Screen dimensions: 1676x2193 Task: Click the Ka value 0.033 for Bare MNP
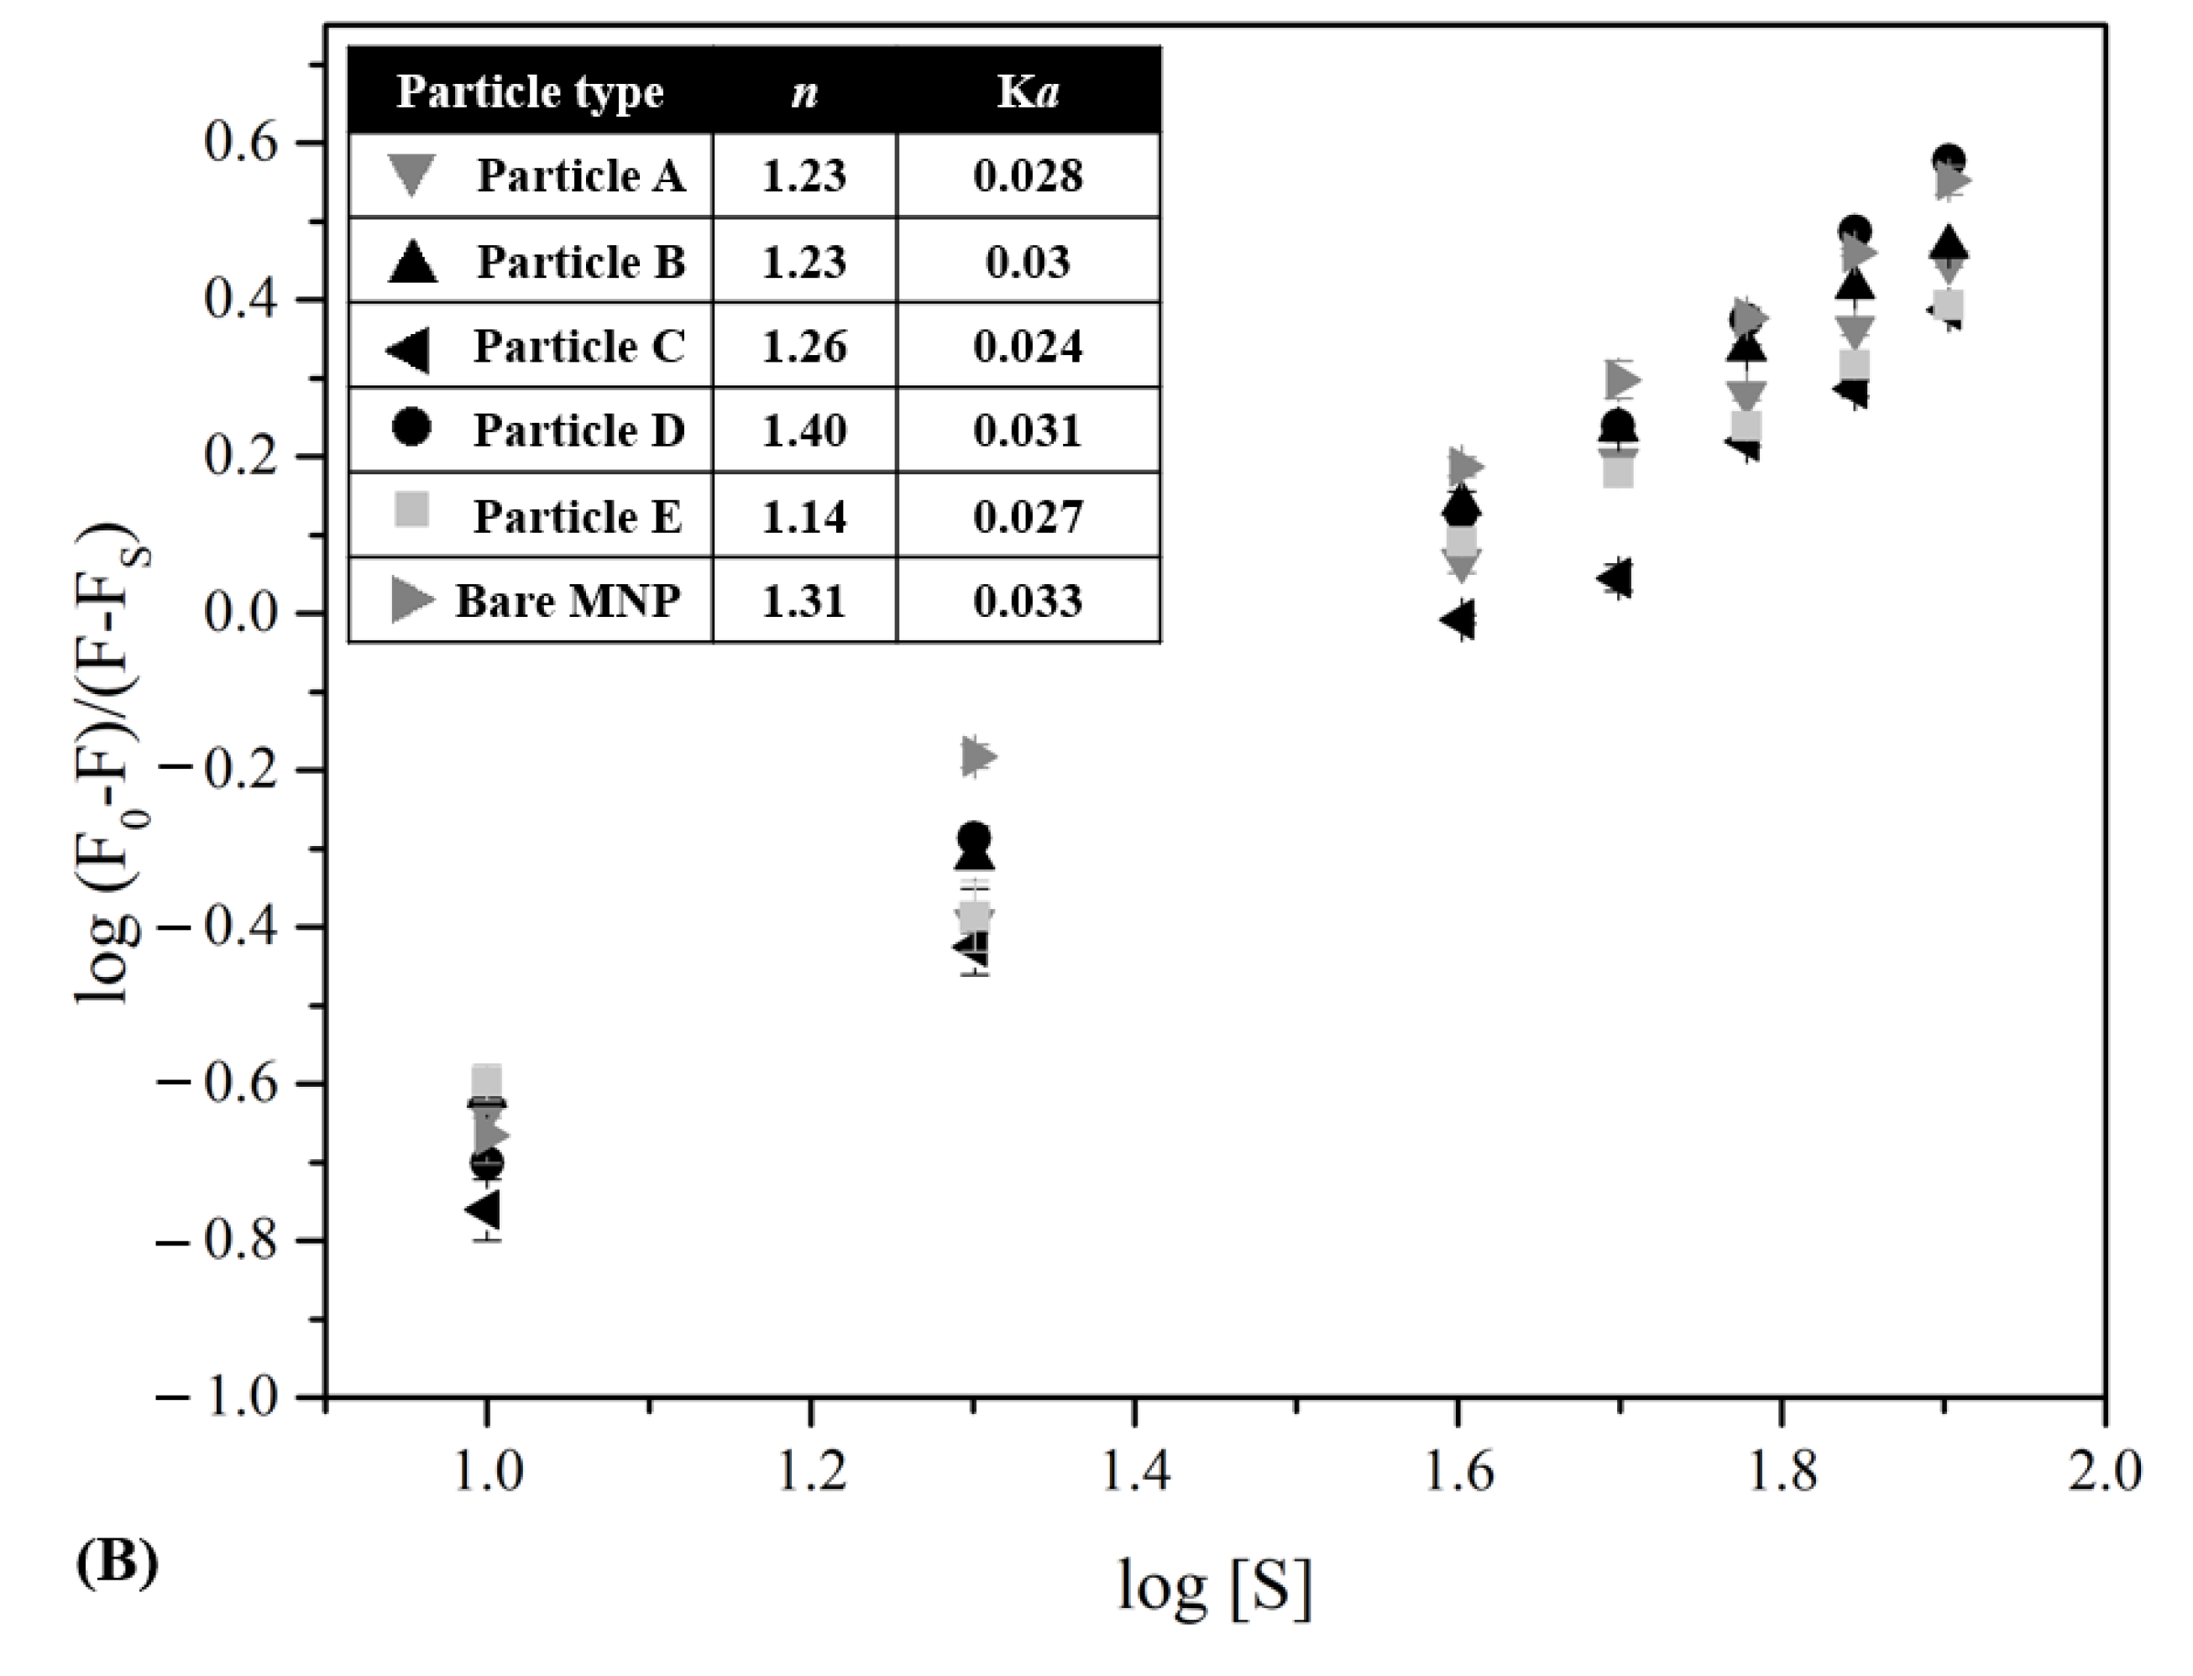tap(1027, 602)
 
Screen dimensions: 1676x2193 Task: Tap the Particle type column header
tap(530, 91)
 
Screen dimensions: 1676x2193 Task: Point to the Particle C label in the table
tap(578, 346)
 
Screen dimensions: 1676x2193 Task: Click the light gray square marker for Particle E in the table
tap(412, 511)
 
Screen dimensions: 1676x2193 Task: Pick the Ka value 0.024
tap(1027, 346)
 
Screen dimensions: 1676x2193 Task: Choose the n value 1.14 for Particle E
tap(803, 517)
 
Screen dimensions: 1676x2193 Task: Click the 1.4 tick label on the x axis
tap(1134, 1471)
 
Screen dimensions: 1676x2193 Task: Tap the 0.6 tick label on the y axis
tap(239, 143)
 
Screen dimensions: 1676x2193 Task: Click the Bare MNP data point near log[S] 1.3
tap(978, 756)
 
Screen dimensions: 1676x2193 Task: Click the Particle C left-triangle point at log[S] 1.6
tap(1458, 619)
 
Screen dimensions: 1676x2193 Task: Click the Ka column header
tap(1027, 91)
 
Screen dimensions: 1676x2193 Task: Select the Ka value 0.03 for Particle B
tap(1027, 261)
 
